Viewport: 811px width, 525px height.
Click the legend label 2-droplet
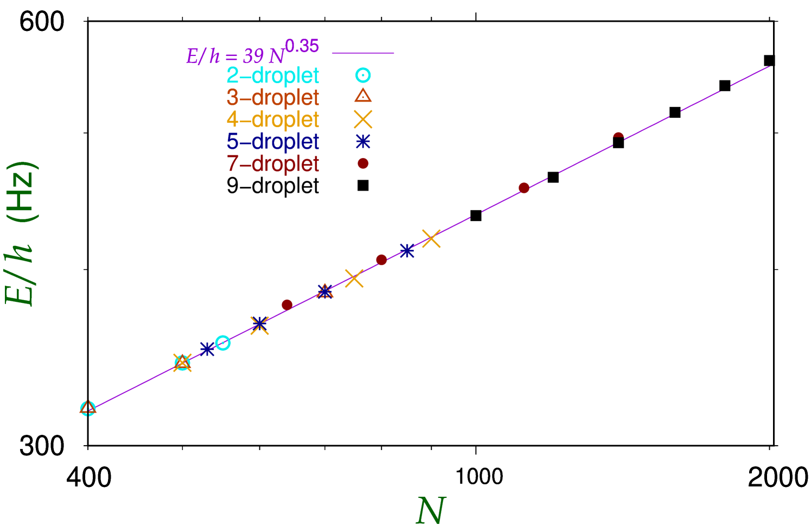(x=273, y=76)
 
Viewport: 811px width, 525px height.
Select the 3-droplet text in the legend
(x=273, y=98)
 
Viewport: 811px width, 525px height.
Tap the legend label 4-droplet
(x=273, y=119)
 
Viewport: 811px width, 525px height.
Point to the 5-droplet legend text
(x=273, y=142)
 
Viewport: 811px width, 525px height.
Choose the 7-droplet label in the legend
(x=273, y=163)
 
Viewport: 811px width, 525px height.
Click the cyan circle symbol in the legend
(x=363, y=76)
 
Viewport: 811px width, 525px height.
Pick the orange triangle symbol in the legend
(x=363, y=97)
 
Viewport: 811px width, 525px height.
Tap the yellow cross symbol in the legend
(x=363, y=119)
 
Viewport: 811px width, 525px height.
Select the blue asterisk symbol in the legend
(x=363, y=142)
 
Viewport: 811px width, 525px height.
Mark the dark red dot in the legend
(x=363, y=163)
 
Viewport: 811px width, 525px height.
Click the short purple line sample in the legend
(x=363, y=54)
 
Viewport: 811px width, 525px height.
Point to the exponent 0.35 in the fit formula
(x=302, y=47)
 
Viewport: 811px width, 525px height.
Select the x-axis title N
(x=431, y=510)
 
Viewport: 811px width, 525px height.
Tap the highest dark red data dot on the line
(x=618, y=137)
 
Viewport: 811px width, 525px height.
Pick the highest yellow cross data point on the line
(x=431, y=238)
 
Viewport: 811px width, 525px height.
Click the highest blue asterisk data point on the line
(x=407, y=251)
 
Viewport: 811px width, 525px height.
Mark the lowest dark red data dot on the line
(x=287, y=305)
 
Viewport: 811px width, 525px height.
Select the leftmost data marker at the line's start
(x=88, y=408)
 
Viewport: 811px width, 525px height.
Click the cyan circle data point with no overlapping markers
(x=223, y=343)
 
